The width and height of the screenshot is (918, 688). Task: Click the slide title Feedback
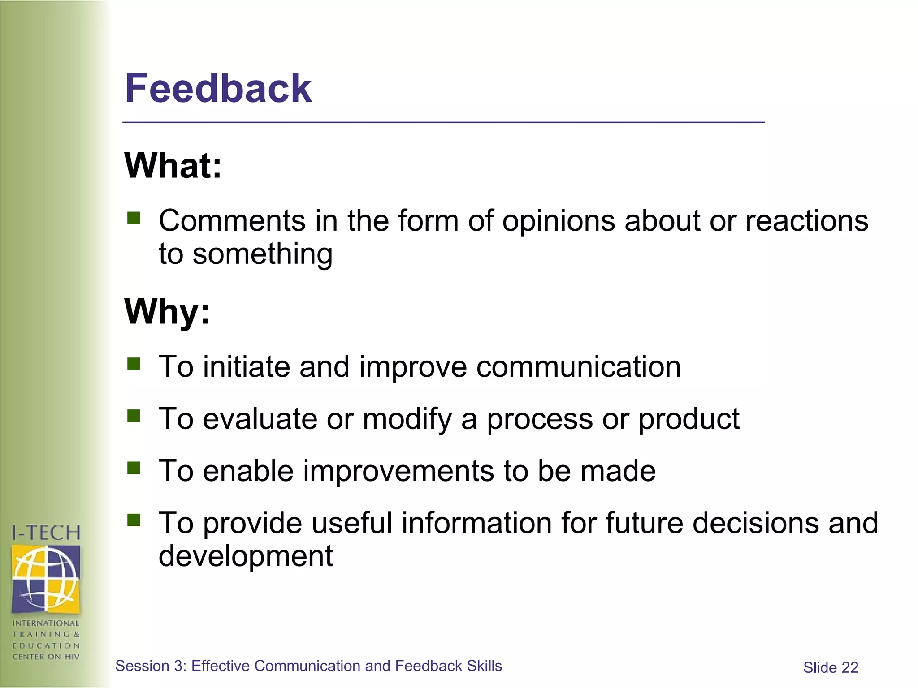pyautogui.click(x=218, y=88)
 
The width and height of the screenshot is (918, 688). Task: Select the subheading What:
pyautogui.click(x=173, y=166)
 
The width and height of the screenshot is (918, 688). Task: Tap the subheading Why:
pyautogui.click(x=167, y=311)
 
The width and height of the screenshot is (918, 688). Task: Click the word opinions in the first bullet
pyautogui.click(x=559, y=221)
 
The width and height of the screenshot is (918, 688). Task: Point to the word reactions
pyautogui.click(x=806, y=221)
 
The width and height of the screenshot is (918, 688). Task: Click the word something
pyautogui.click(x=262, y=254)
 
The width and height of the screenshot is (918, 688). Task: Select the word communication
pyautogui.click(x=578, y=367)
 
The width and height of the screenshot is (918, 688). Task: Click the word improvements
pyautogui.click(x=398, y=471)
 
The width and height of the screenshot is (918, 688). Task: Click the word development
pyautogui.click(x=246, y=556)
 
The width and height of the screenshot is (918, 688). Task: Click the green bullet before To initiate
pyautogui.click(x=134, y=364)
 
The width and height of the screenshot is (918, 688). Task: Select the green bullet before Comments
pyautogui.click(x=134, y=218)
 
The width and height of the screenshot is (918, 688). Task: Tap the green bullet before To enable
pyautogui.click(x=134, y=468)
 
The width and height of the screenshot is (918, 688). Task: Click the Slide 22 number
pyautogui.click(x=830, y=668)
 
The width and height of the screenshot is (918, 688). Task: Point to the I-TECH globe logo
pyautogui.click(x=46, y=578)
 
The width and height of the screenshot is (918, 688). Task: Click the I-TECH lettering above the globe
pyautogui.click(x=46, y=533)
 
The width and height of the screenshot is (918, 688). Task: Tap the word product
pyautogui.click(x=688, y=419)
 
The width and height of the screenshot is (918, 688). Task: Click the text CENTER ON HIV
pyautogui.click(x=46, y=657)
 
